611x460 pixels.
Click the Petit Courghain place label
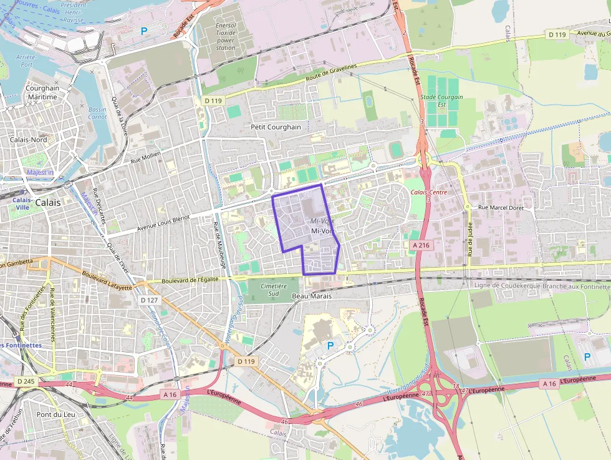click(x=276, y=127)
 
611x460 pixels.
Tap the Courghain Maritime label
click(x=42, y=92)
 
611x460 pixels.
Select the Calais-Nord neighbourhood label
click(x=28, y=140)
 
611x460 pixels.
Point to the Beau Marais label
click(x=312, y=296)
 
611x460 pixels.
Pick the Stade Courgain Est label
click(x=441, y=100)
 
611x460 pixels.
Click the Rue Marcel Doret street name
click(x=501, y=207)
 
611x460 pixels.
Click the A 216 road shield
click(x=421, y=246)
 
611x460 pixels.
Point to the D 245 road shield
click(x=26, y=381)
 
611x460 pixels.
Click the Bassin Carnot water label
click(x=97, y=113)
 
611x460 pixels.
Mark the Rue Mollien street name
click(x=145, y=157)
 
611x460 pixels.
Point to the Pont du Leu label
click(x=55, y=414)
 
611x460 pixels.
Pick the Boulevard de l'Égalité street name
click(x=190, y=280)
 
